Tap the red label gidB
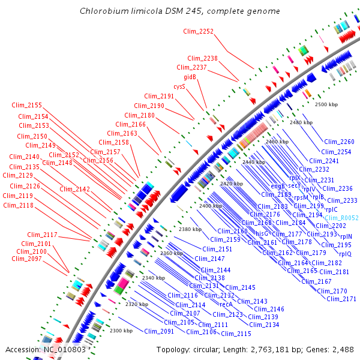190,77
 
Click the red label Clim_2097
27,259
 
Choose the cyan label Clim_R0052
341,218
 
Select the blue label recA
226,304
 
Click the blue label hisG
262,233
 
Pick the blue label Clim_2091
158,331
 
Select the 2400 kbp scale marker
211,206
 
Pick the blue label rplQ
346,253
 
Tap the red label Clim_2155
26,105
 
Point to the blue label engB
277,186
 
